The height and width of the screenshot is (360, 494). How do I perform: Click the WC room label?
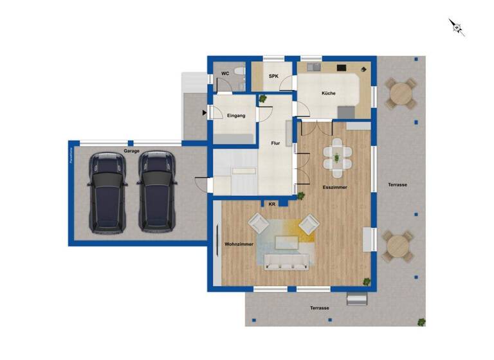click(x=225, y=74)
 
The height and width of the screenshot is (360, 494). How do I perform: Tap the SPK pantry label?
click(x=273, y=77)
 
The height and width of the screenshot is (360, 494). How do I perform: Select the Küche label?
click(x=328, y=94)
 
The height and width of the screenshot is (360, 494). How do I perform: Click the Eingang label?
click(x=235, y=116)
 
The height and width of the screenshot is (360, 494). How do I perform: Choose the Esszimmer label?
click(x=334, y=187)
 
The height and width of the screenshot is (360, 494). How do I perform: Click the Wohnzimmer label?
click(x=239, y=245)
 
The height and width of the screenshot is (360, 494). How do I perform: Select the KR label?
click(x=272, y=204)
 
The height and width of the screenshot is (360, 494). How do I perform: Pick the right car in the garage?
click(x=156, y=192)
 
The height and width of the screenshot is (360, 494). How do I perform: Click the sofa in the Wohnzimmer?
click(x=286, y=261)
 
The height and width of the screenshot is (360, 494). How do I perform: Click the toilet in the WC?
click(x=239, y=73)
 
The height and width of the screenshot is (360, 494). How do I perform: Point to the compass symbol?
click(x=456, y=26)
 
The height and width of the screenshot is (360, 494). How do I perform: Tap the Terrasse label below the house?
click(x=320, y=309)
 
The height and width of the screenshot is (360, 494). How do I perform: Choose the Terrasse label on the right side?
click(x=398, y=184)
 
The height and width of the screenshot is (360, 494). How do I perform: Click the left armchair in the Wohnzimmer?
click(x=259, y=224)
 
